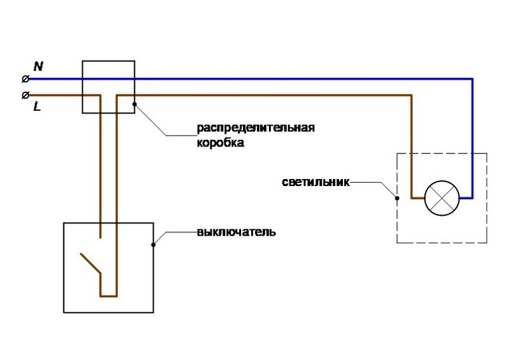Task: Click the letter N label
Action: coord(38,66)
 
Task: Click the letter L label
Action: coord(38,106)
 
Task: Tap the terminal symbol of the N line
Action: coord(25,79)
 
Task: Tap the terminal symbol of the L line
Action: coord(25,96)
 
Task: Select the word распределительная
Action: coord(256,128)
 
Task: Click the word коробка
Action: coord(221,143)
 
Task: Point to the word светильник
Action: coord(316,182)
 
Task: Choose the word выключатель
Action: coord(237,232)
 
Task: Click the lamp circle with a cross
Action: coord(442,198)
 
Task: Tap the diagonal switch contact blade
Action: coord(91,263)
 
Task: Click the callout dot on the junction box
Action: coord(135,104)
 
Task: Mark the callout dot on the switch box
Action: coord(153,245)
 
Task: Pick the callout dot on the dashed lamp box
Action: coord(397,198)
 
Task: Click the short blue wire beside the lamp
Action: coord(466,198)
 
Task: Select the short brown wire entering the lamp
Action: coord(418,198)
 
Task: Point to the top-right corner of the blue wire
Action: coord(472,79)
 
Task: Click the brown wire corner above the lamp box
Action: coord(411,96)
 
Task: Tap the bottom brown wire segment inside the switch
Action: coord(108,296)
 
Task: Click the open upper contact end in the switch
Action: coord(100,238)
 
